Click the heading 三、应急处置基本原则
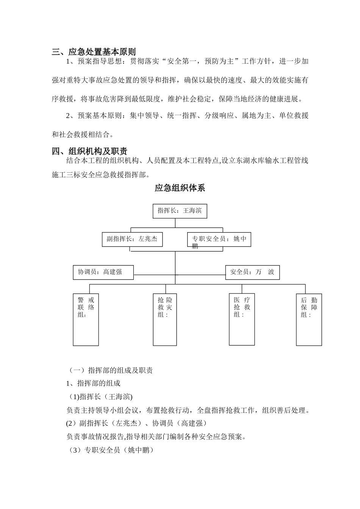pyautogui.click(x=94, y=52)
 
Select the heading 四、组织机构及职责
pyautogui.click(x=90, y=151)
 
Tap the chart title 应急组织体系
pyautogui.click(x=180, y=188)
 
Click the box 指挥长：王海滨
pyautogui.click(x=180, y=211)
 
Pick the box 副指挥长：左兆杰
pyautogui.click(x=132, y=239)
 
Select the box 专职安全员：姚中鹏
pyautogui.click(x=219, y=240)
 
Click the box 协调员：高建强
pyautogui.click(x=103, y=272)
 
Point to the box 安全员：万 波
pyautogui.click(x=252, y=272)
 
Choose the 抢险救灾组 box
pyautogui.click(x=165, y=320)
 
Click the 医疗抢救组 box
pyautogui.click(x=242, y=319)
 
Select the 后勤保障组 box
pyautogui.click(x=309, y=320)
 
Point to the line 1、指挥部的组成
pyautogui.click(x=93, y=384)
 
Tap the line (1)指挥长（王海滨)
pyautogui.click(x=100, y=397)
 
